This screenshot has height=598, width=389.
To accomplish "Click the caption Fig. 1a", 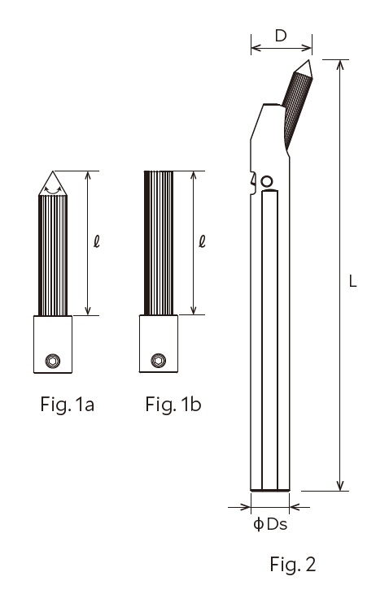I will (x=67, y=404).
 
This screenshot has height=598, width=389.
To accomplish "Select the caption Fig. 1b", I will (x=173, y=404).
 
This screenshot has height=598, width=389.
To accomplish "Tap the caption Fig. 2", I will (x=292, y=563).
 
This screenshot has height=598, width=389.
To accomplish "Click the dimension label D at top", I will (x=281, y=36).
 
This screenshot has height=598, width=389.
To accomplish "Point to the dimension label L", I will (x=352, y=281).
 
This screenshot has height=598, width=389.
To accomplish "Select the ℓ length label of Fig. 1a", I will (x=95, y=241).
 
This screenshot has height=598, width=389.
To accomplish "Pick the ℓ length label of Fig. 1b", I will (x=201, y=241).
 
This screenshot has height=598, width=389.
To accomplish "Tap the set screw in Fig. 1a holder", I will (x=53, y=361).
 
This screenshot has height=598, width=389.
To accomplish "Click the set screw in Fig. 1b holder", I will (x=158, y=361).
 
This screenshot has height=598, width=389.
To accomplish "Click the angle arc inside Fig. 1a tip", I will (x=53, y=188).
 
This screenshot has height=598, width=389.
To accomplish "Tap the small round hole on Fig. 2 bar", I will (x=265, y=180).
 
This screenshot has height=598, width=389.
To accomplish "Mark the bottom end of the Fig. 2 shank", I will (x=269, y=490).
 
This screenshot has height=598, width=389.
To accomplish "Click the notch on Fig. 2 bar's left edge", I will (x=252, y=180).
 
